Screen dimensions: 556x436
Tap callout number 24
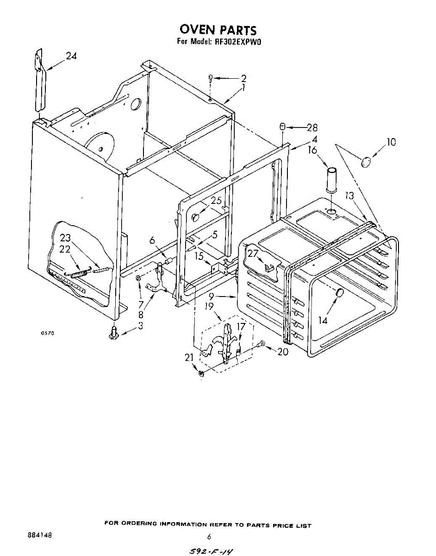(x=71, y=56)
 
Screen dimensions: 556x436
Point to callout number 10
(x=392, y=142)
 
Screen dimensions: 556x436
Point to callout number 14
(x=323, y=319)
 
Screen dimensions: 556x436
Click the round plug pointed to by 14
(x=339, y=293)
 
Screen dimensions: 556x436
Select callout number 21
(x=188, y=357)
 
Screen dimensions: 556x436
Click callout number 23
(x=65, y=238)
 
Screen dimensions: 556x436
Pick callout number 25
(x=216, y=201)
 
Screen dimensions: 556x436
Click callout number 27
(x=253, y=253)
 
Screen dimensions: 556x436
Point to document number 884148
(x=40, y=534)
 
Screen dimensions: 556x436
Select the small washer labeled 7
(x=138, y=278)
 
